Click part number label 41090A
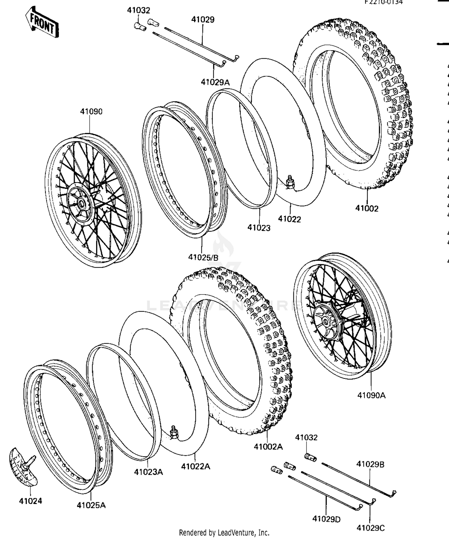click(371, 395)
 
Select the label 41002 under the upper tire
click(367, 209)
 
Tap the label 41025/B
click(203, 257)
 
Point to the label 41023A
click(148, 472)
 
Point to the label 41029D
click(326, 519)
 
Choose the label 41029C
click(370, 528)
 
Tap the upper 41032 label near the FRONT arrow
click(139, 10)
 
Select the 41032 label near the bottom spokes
click(306, 438)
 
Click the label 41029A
click(215, 82)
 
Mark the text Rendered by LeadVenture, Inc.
click(224, 533)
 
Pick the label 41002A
click(268, 447)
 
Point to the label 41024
click(31, 501)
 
